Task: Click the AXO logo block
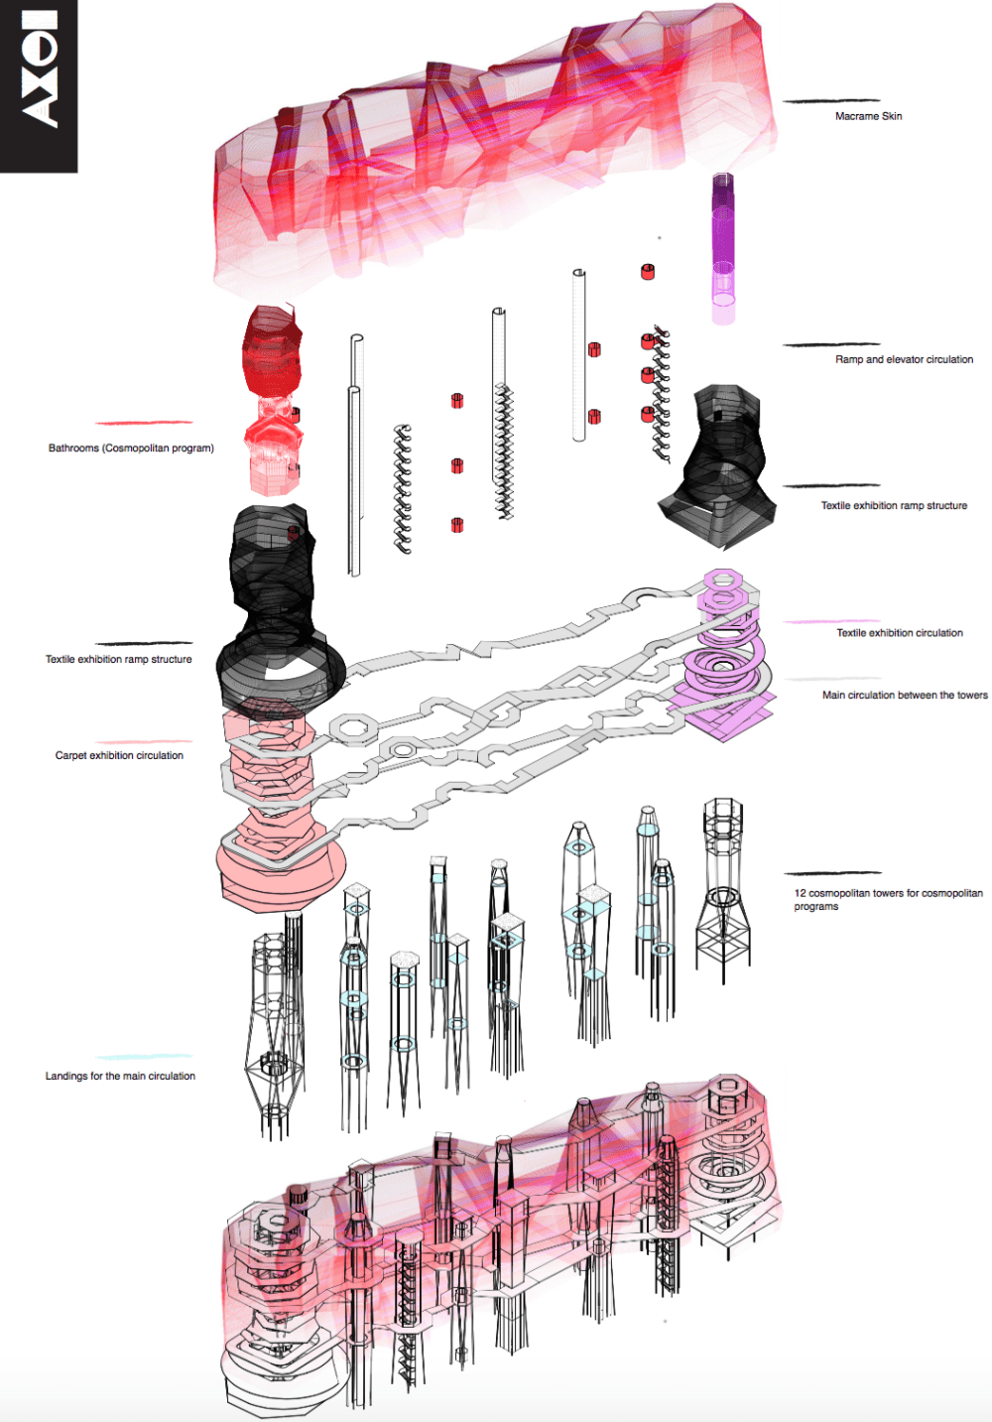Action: (x=39, y=86)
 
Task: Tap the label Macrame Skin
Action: (x=868, y=116)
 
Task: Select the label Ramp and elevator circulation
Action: (x=904, y=359)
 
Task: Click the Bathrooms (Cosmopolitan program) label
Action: (x=131, y=449)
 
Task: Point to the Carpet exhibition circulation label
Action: (x=119, y=755)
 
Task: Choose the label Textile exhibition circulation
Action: (x=900, y=633)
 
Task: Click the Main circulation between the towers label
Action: (x=905, y=696)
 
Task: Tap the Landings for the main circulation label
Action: (x=120, y=1076)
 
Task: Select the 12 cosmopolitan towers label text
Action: (x=888, y=900)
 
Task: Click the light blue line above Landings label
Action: (x=144, y=1057)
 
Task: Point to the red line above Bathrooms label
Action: (x=144, y=422)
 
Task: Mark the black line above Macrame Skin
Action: (x=831, y=100)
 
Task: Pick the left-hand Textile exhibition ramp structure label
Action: (x=119, y=660)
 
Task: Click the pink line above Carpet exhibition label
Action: (x=144, y=741)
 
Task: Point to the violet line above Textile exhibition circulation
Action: (x=831, y=621)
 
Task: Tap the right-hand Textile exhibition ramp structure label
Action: (x=894, y=505)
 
